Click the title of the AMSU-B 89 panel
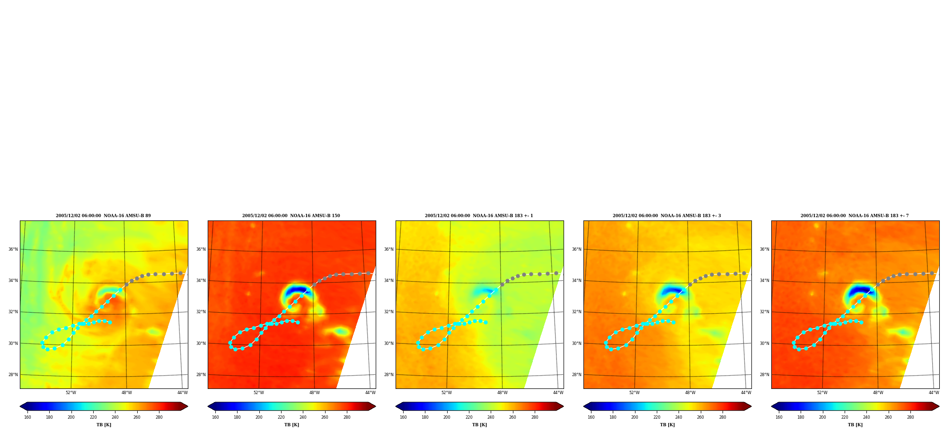click(103, 216)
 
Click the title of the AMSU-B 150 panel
click(291, 216)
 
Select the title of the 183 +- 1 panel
click(479, 216)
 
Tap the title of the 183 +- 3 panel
click(667, 216)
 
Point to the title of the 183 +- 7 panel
click(855, 216)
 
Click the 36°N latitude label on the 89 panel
click(13, 249)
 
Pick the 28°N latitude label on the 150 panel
click(201, 375)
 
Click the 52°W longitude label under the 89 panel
click(71, 393)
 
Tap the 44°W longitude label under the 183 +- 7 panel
click(934, 393)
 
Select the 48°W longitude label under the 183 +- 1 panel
click(502, 393)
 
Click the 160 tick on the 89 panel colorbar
click(27, 417)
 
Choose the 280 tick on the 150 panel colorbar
click(347, 417)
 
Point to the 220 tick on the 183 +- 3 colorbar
click(657, 417)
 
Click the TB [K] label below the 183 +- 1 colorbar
click(479, 425)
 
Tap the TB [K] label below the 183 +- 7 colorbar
click(855, 425)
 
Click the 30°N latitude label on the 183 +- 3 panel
click(577, 343)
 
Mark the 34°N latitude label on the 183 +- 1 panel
click(389, 281)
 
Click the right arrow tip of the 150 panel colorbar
click(376, 406)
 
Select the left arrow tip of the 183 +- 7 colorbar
click(771, 406)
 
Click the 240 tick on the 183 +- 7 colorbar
click(866, 417)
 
